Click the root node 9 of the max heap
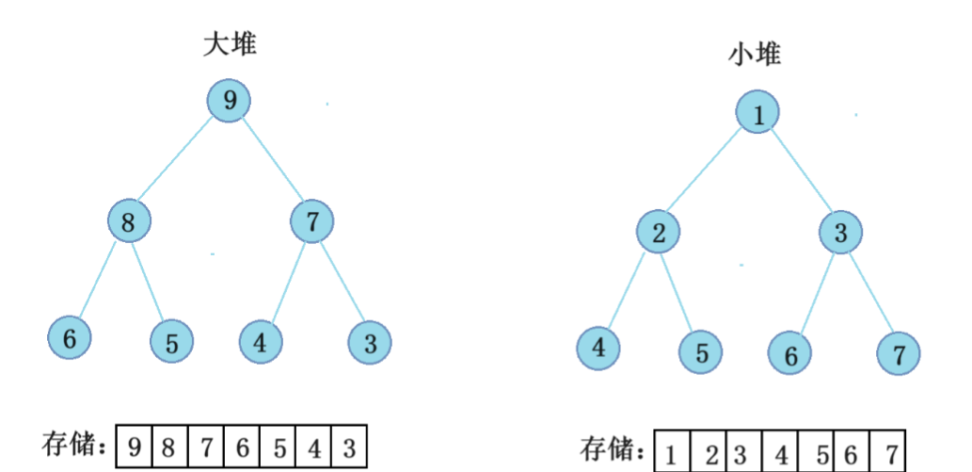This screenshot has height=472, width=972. [230, 101]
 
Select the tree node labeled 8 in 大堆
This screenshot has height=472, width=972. [129, 222]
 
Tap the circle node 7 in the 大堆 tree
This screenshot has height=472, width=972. [312, 222]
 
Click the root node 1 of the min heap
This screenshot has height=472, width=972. [758, 114]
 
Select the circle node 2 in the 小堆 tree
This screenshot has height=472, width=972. [659, 232]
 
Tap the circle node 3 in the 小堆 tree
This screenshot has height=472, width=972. [840, 232]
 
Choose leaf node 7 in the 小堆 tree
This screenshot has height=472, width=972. [899, 354]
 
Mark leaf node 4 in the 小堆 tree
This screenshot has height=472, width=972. [599, 349]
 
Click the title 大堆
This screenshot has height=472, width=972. [230, 44]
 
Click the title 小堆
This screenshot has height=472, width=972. [755, 56]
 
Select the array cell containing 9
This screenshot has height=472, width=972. [134, 447]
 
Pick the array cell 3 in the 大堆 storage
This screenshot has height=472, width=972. [349, 447]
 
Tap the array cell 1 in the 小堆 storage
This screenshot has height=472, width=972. [671, 453]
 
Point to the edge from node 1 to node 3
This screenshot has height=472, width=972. [800, 173]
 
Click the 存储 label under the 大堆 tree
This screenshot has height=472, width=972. [73, 442]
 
